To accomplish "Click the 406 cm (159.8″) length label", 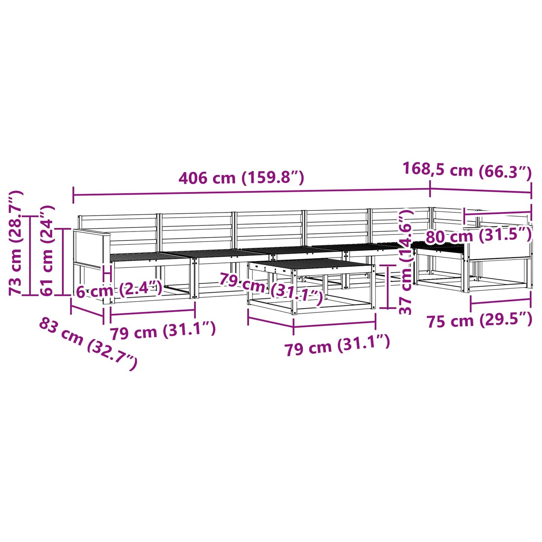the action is coord(241,178).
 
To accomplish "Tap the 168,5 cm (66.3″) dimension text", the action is coord(467,170).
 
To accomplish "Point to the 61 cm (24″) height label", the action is coord(47,250).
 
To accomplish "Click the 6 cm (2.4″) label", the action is coord(119,290).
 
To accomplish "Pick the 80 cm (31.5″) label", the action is coord(479,236).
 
